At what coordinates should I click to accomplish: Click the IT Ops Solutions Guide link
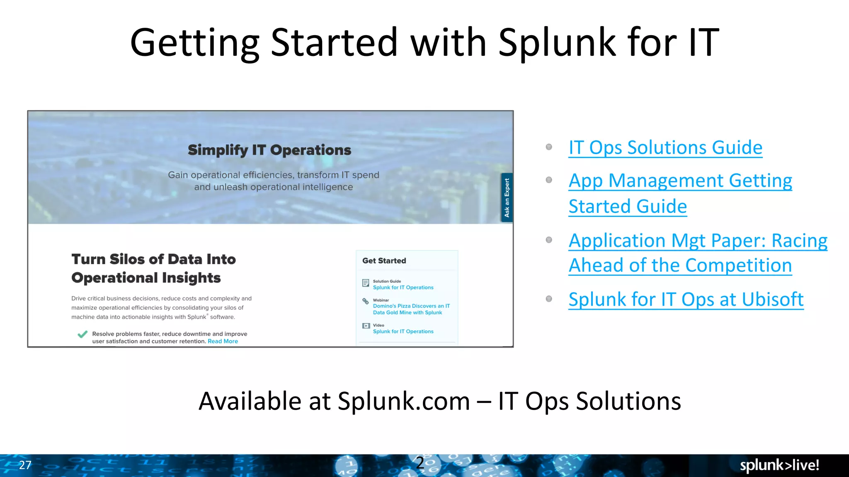(x=665, y=148)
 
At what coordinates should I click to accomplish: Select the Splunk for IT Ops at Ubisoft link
(x=686, y=299)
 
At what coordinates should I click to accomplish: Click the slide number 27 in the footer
(x=25, y=465)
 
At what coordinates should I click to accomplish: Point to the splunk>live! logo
(x=779, y=465)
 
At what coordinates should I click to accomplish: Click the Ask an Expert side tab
(x=507, y=198)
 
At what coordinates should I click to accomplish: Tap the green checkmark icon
(x=82, y=334)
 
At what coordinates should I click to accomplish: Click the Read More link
(x=223, y=342)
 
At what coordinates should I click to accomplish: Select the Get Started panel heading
(x=384, y=261)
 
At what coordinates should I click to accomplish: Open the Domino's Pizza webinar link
(x=411, y=309)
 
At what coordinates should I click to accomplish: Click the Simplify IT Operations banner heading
(x=269, y=150)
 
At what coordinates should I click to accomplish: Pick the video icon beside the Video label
(x=366, y=326)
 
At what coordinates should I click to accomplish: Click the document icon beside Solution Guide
(x=366, y=283)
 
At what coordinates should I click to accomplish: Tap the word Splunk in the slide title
(x=557, y=43)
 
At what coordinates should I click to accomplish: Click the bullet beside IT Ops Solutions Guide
(x=549, y=147)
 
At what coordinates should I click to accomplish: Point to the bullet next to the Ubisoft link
(x=549, y=299)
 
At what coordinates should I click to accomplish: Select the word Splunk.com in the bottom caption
(x=403, y=401)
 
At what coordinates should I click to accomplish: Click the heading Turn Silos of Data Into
(x=153, y=259)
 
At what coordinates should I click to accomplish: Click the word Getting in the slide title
(x=194, y=43)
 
